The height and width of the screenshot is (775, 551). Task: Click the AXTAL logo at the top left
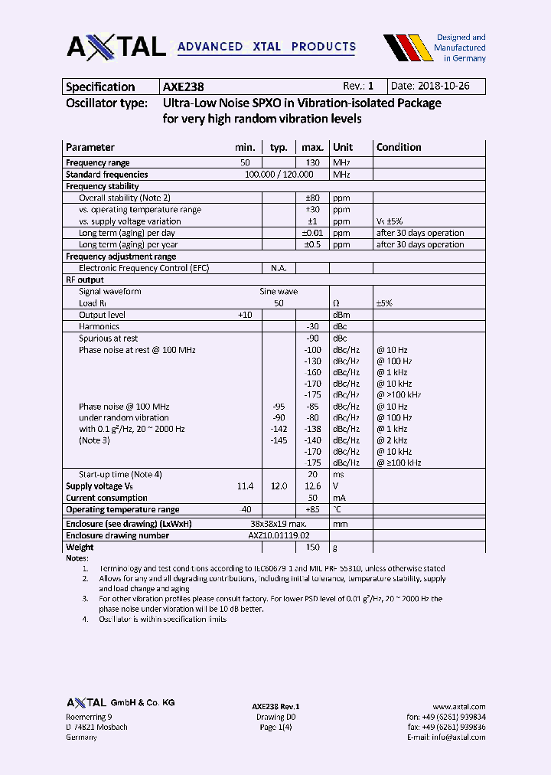click(116, 47)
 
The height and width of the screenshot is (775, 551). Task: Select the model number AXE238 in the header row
click(183, 87)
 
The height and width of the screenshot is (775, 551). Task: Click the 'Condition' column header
click(399, 147)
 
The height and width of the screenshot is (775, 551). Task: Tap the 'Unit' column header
click(343, 147)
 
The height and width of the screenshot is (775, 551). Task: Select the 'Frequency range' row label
click(98, 162)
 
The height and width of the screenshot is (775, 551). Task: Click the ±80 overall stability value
click(312, 198)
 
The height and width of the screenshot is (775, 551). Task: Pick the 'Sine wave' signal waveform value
click(279, 291)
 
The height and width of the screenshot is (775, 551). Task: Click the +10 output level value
click(244, 315)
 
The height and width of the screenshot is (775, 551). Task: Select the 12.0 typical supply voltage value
click(279, 486)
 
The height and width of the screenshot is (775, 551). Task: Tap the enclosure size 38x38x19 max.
click(279, 524)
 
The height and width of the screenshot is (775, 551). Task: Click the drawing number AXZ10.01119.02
click(279, 535)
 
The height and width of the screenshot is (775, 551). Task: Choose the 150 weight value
click(313, 547)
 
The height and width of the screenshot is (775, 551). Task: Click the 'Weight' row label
click(80, 547)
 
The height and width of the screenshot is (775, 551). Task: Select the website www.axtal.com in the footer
click(458, 707)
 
